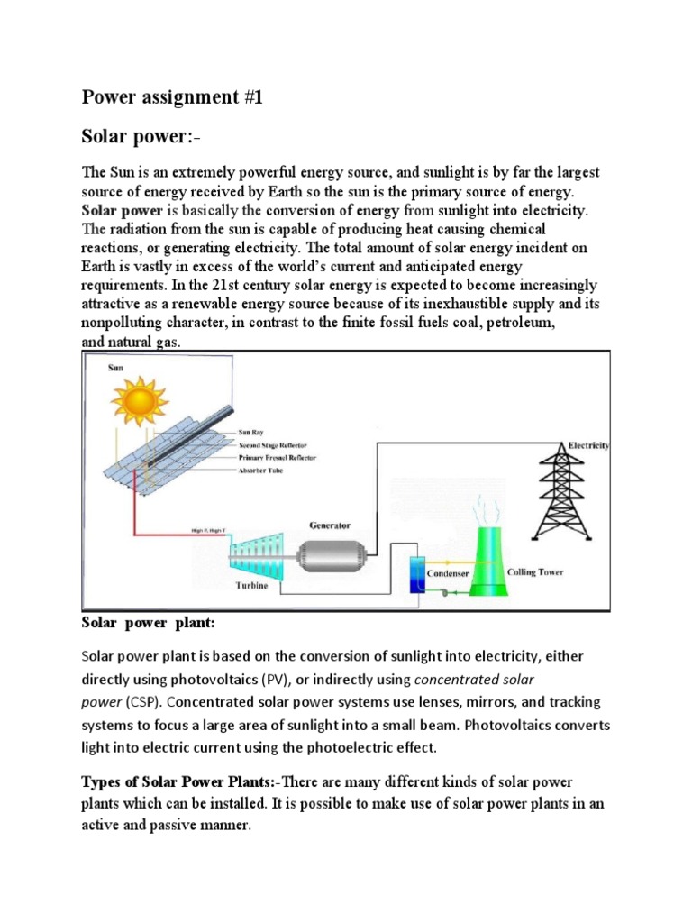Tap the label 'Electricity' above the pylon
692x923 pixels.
point(587,445)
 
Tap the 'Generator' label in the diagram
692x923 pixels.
point(330,525)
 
